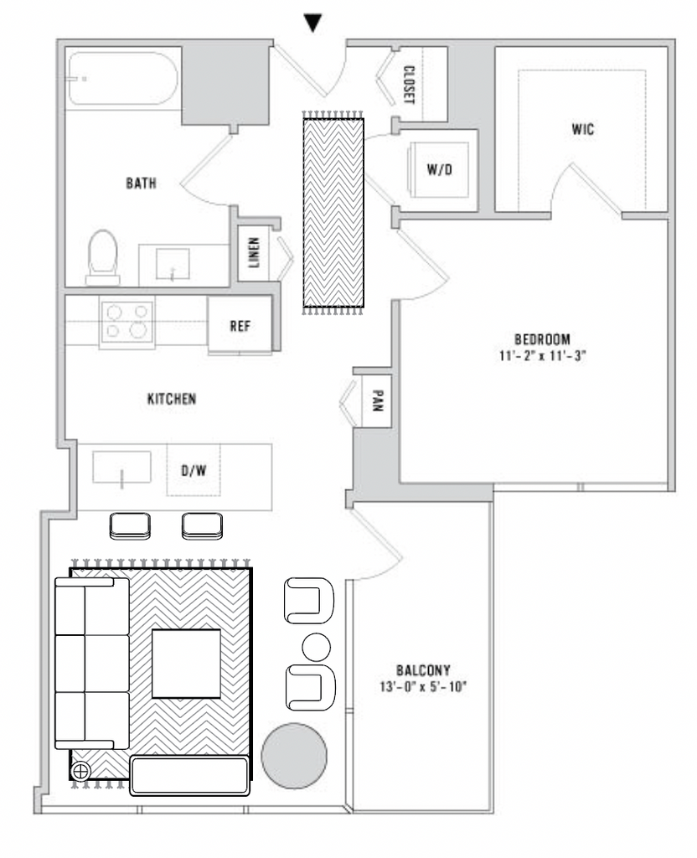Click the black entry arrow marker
click(x=312, y=23)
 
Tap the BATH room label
click(x=141, y=183)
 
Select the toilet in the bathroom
click(x=103, y=257)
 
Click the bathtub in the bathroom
click(x=122, y=78)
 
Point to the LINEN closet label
click(x=254, y=252)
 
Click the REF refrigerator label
click(x=240, y=326)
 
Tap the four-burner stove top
click(x=126, y=323)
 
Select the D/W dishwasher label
click(x=194, y=470)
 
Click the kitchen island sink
click(x=121, y=468)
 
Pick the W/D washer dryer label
click(x=440, y=169)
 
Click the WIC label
click(x=583, y=130)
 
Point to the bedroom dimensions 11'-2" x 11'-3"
click(x=542, y=355)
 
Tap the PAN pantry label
click(x=378, y=400)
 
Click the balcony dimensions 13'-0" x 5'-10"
click(x=423, y=687)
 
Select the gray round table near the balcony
click(x=294, y=756)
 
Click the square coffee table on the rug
click(x=186, y=664)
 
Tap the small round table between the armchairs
click(x=316, y=648)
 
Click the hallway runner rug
click(x=333, y=213)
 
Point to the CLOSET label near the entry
click(x=409, y=85)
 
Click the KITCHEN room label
click(x=172, y=399)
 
